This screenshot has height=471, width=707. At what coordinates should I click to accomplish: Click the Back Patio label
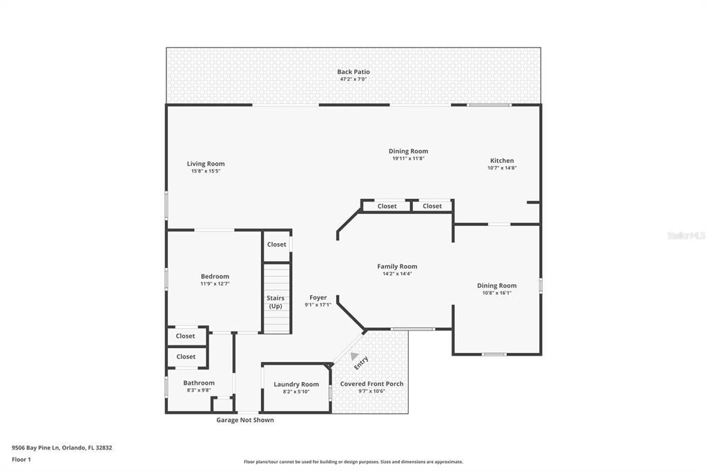353,72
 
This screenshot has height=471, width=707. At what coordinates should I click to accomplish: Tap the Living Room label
206,164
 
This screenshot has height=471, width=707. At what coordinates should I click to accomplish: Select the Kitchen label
502,160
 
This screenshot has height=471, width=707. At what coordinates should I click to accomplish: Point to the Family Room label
397,267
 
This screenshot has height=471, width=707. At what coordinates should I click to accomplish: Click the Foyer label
318,298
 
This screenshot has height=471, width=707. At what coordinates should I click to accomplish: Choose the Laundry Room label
296,385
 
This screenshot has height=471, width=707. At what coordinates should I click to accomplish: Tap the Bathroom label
199,383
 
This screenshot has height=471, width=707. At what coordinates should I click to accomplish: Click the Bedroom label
215,276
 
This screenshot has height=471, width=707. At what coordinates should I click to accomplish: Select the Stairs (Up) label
275,302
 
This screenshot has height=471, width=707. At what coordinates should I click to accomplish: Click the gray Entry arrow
354,356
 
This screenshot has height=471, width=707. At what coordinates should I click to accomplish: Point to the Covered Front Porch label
372,384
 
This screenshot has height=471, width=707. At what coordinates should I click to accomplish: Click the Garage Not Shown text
245,420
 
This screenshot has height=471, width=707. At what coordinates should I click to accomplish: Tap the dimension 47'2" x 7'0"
353,79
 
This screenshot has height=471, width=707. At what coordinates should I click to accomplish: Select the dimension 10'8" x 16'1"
496,293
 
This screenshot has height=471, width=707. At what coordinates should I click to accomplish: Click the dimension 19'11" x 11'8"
408,158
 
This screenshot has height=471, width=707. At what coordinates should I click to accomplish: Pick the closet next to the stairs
276,244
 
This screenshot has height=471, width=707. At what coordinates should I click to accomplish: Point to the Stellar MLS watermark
685,236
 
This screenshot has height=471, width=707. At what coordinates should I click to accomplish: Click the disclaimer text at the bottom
353,462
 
